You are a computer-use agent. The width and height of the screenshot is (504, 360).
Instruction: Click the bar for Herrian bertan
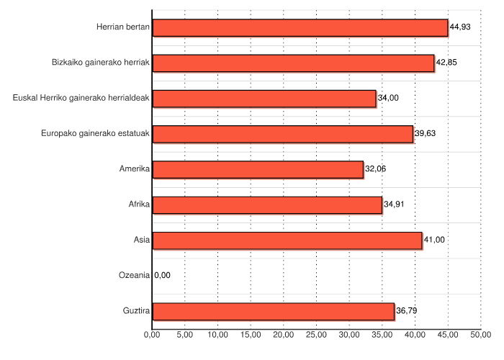point(300,27)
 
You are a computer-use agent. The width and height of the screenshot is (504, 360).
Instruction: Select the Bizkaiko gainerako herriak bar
point(293,63)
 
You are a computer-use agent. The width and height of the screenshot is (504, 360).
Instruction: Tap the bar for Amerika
point(258,169)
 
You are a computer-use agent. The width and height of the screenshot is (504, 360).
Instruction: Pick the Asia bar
point(287,240)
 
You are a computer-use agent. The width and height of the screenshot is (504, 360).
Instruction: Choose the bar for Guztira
point(274,311)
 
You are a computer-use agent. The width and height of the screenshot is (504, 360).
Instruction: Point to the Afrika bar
point(267,204)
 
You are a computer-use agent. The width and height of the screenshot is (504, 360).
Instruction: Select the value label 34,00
point(388,98)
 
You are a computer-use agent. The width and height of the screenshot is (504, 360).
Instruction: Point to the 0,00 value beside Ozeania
point(163,275)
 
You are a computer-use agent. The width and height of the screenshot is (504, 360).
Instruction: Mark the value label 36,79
point(407,311)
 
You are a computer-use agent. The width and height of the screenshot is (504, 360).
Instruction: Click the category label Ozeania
point(134,275)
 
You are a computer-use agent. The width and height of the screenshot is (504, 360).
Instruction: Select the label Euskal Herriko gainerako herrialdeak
point(81,98)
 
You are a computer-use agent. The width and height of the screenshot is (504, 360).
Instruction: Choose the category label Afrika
point(138,204)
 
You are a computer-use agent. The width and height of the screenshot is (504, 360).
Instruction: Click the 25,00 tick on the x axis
point(317,335)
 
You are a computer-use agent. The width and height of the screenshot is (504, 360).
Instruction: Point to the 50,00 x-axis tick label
point(481,335)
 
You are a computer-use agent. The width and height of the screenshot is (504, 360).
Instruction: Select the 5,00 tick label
point(185,335)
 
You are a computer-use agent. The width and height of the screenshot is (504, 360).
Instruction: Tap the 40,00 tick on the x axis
point(415,335)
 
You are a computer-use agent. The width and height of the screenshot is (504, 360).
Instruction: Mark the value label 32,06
point(376,169)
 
